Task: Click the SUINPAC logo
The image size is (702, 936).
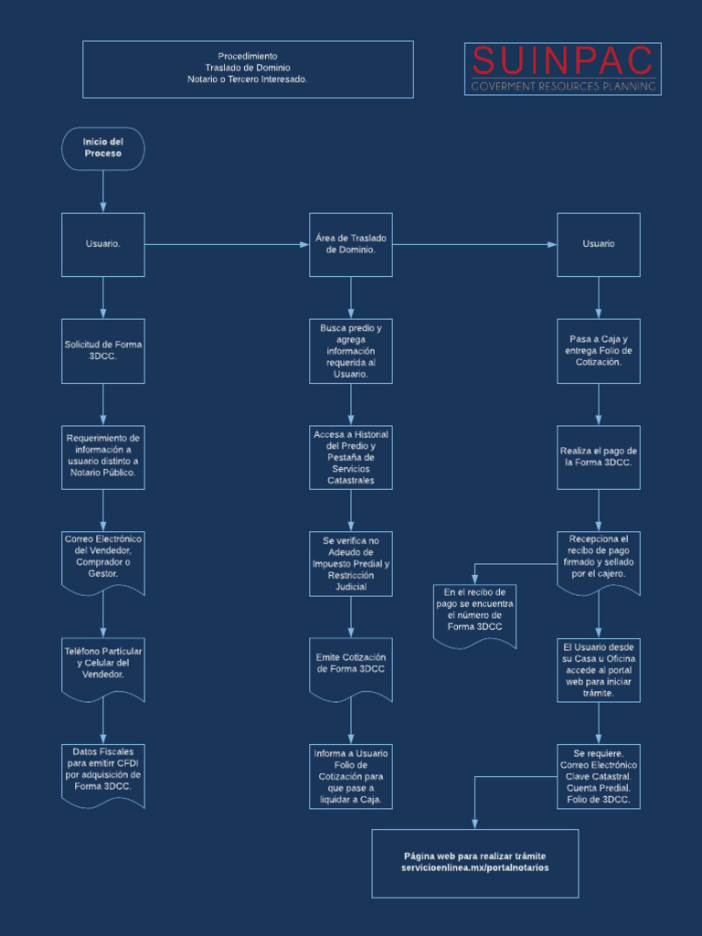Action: coord(563,69)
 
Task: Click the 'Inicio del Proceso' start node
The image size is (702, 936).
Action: coord(103,149)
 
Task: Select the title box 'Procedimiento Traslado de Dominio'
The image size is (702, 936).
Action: coord(248,69)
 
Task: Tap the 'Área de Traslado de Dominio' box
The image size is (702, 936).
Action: coord(351,245)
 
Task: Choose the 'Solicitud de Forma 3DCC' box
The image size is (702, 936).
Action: coord(103,351)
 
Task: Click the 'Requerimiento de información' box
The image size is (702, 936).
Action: coord(103,457)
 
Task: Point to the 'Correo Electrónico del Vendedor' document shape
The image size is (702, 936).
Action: coord(103,563)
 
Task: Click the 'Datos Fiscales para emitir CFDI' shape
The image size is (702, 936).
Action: coord(103,776)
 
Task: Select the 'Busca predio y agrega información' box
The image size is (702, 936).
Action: coord(351,351)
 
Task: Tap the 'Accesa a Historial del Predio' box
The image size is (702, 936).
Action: coord(351,457)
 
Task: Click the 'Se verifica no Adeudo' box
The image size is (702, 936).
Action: coord(351,563)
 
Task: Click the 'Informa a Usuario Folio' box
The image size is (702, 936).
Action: coord(351,776)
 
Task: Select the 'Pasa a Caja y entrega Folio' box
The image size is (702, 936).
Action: coord(599,351)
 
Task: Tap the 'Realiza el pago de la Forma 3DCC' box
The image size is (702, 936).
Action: coord(599,457)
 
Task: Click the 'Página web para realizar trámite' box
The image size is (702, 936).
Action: coord(475,863)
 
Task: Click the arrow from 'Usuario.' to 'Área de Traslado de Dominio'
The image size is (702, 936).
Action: coord(227,245)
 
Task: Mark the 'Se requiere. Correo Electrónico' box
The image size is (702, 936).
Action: coord(599,776)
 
